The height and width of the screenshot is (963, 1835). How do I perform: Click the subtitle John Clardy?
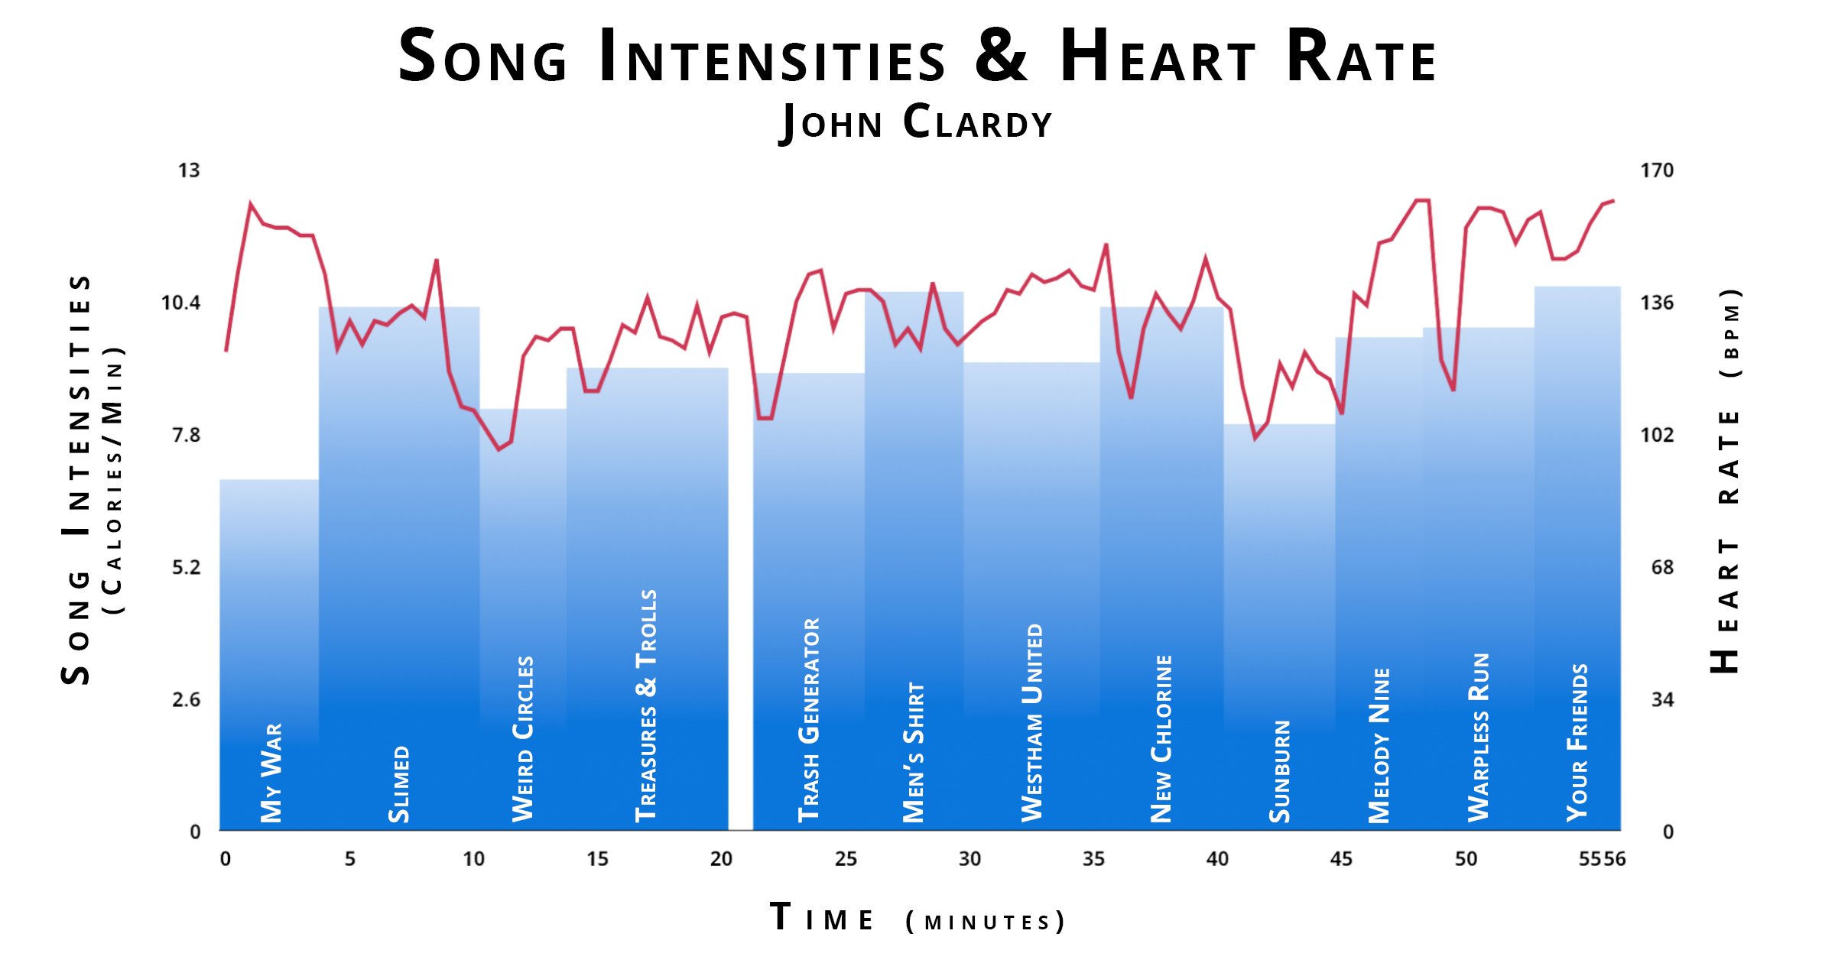(x=916, y=122)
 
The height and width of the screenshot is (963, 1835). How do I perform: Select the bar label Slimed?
(x=399, y=784)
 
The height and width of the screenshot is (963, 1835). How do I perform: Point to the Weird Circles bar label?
(x=523, y=738)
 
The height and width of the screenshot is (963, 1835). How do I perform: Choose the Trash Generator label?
(x=809, y=720)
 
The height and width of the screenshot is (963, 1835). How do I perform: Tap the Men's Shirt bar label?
(x=914, y=752)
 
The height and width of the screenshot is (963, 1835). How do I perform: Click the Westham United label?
(x=1033, y=722)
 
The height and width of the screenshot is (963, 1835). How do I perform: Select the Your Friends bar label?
(x=1578, y=742)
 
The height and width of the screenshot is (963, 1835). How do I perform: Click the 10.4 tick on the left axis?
(x=181, y=303)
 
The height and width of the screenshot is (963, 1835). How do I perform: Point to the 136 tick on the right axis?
(x=1656, y=303)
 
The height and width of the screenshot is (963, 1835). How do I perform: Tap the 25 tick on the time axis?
(x=846, y=859)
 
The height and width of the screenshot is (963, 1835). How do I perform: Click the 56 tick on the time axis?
(x=1615, y=859)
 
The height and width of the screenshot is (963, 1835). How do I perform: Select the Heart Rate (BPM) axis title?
(x=1726, y=481)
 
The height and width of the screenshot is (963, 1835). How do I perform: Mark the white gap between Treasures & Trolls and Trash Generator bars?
(x=740, y=611)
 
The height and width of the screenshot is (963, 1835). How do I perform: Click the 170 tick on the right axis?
(x=1656, y=170)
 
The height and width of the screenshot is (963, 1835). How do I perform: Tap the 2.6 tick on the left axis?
(x=186, y=700)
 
